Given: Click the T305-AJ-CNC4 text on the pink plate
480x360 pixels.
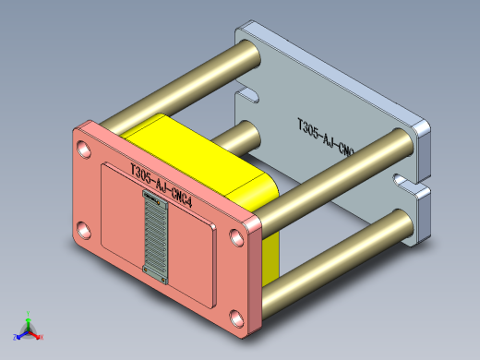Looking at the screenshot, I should point(161,186).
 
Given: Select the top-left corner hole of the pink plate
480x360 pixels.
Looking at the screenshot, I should point(85,148).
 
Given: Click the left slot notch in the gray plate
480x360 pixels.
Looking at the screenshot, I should point(246,93).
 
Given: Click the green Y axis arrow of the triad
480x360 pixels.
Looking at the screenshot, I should point(30,317).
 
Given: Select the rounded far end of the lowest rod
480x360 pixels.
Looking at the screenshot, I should point(401,224).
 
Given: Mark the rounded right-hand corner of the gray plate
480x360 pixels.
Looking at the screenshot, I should point(424,132).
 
